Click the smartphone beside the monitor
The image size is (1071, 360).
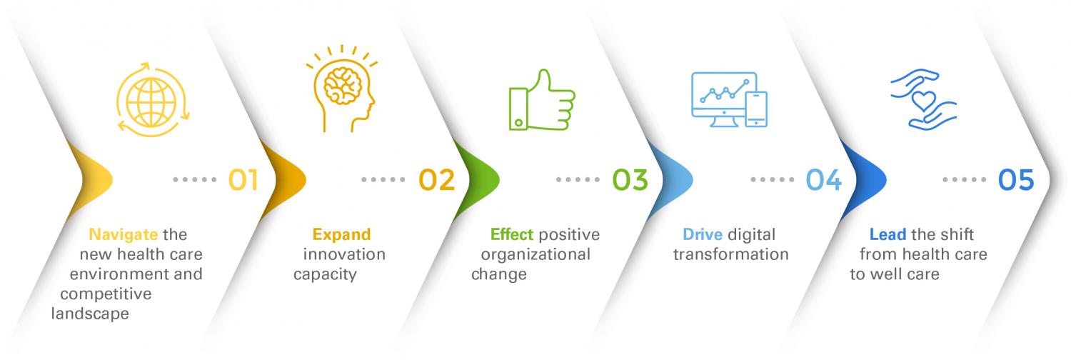[756, 109]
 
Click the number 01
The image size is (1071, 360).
[243, 180]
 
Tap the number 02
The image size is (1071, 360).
[436, 180]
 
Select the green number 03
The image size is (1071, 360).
[630, 180]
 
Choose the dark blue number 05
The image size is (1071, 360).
[1016, 180]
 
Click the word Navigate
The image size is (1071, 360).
[124, 235]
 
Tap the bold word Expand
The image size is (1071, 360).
[341, 235]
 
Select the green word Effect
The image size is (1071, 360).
[512, 234]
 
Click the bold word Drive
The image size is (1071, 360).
[703, 234]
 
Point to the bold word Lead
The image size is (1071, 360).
[888, 234]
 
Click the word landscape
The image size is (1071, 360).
[90, 314]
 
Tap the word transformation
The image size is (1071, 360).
[731, 254]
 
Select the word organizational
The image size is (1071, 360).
[536, 255]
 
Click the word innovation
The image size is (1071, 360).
[344, 254]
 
